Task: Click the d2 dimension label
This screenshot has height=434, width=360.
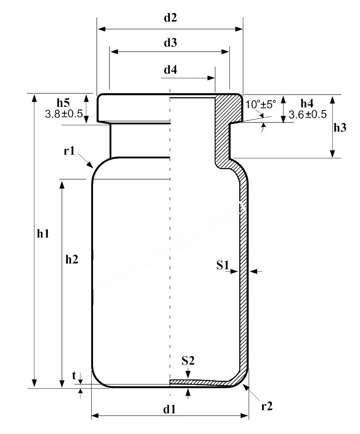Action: coord(170,18)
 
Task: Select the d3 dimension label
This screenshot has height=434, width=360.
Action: coord(170,43)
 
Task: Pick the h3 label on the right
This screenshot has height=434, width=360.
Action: coord(340,128)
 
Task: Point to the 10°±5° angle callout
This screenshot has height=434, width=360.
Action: coord(262,104)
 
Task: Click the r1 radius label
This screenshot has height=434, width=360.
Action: coord(69,151)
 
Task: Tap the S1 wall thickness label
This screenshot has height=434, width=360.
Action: coord(222,266)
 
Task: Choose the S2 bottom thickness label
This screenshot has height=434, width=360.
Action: coord(188,360)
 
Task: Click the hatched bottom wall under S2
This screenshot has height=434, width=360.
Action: coord(201,383)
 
